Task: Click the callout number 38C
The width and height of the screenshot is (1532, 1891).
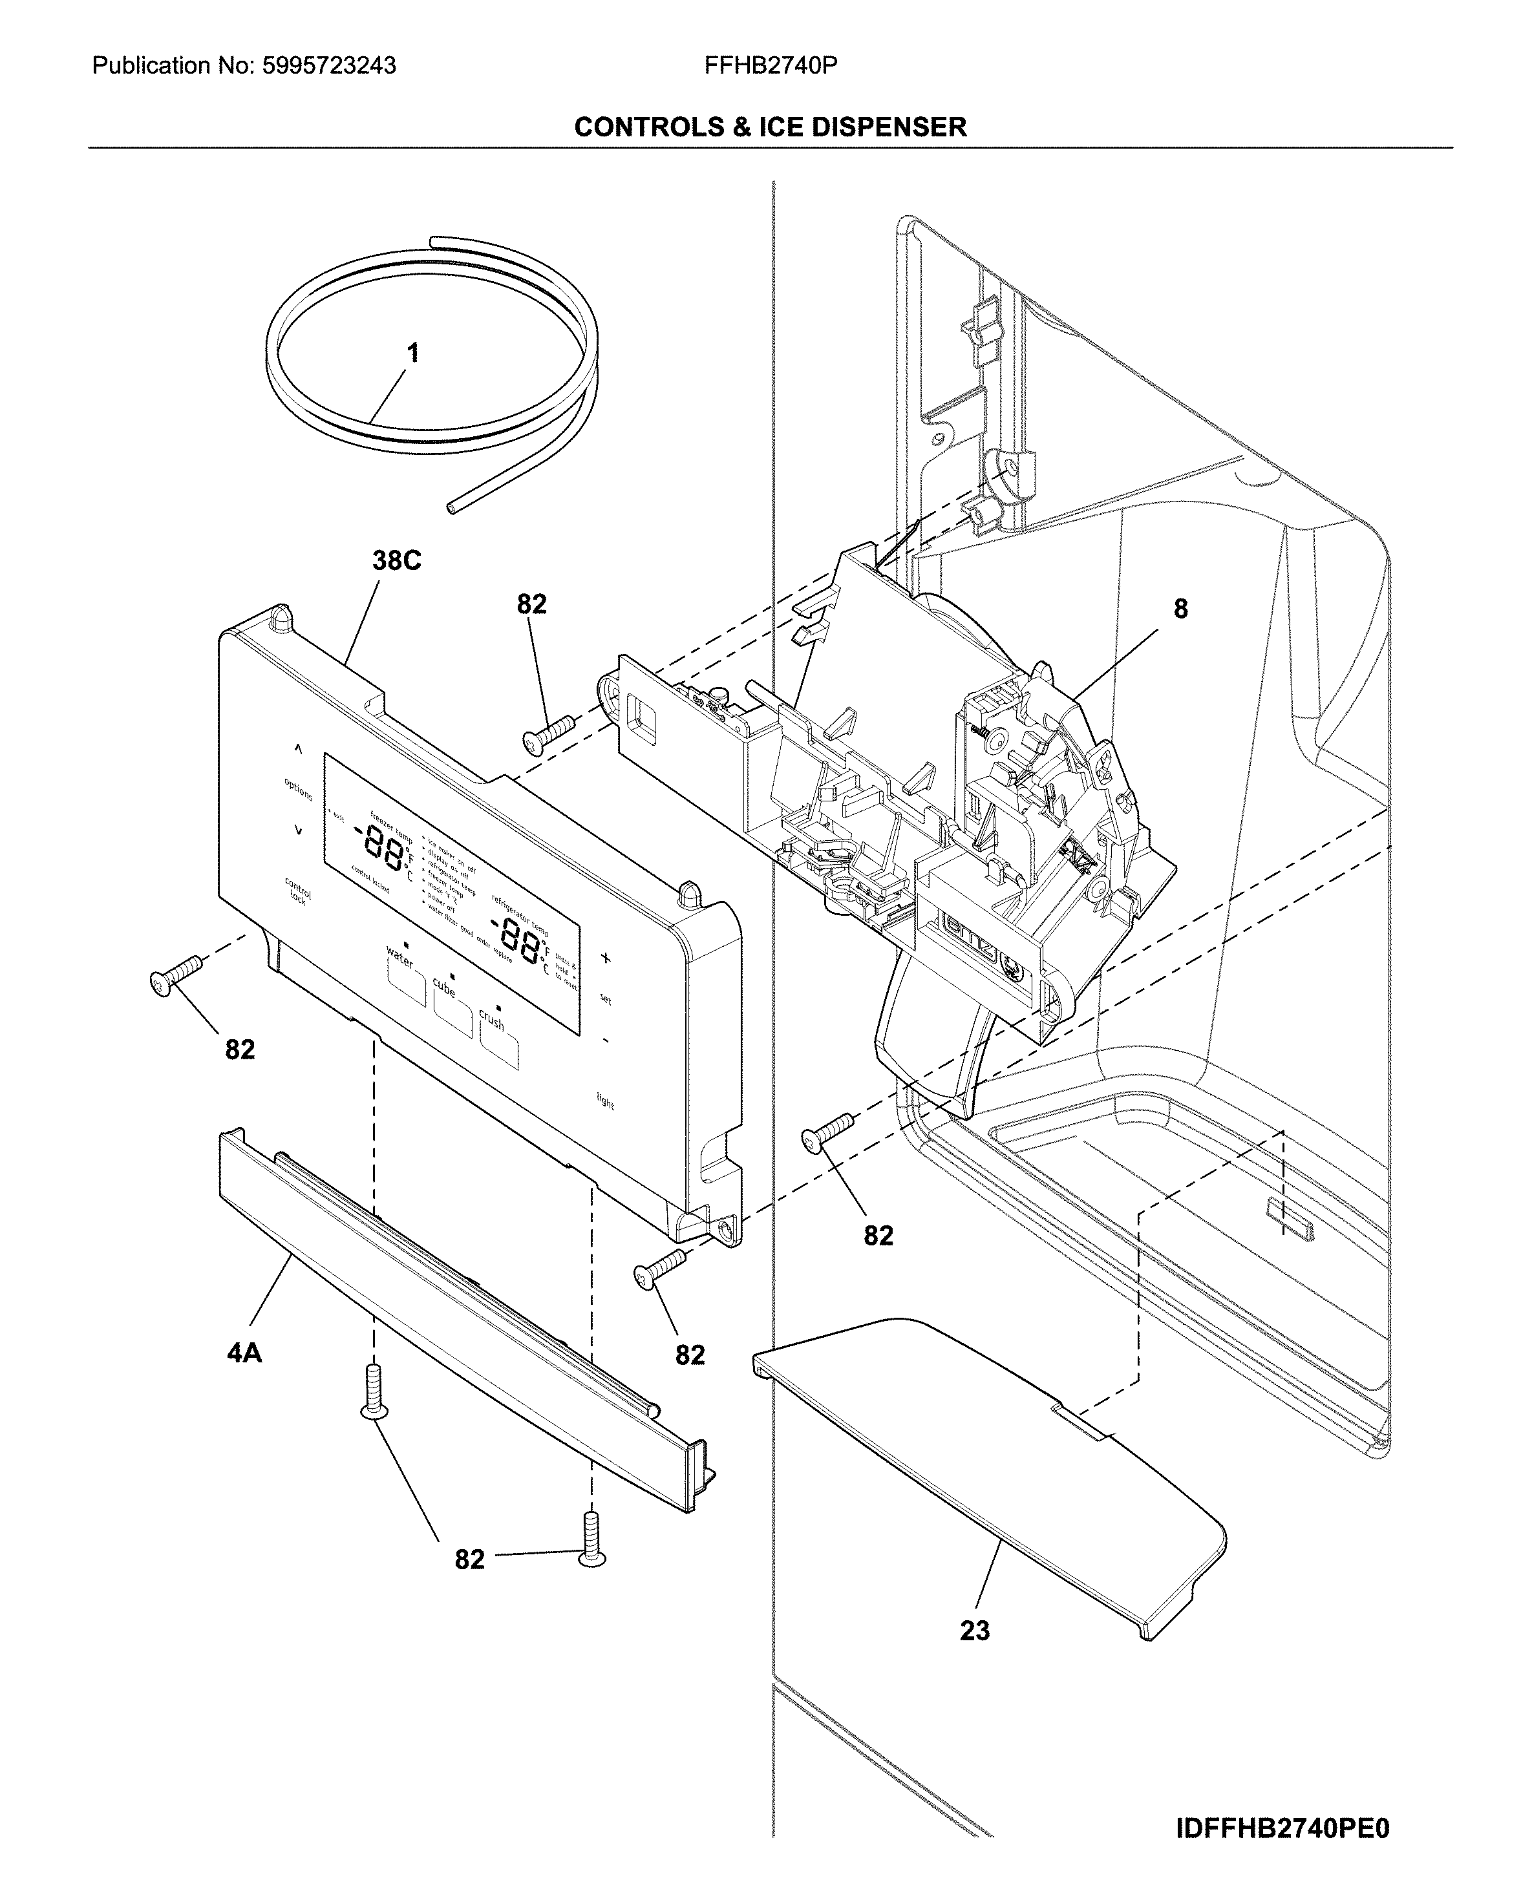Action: (x=396, y=560)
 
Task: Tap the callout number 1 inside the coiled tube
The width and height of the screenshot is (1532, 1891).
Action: (x=412, y=354)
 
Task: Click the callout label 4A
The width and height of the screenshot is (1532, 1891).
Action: (x=244, y=1353)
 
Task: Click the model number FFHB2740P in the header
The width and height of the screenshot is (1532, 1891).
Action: (x=771, y=66)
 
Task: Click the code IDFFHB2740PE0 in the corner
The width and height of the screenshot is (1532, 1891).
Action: (x=1282, y=1828)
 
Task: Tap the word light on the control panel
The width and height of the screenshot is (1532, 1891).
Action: (x=606, y=1101)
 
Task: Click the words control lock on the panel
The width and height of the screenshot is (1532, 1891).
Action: (x=297, y=891)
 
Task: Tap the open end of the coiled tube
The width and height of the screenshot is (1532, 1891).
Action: (x=452, y=507)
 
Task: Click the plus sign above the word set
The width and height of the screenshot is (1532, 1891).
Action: (x=606, y=957)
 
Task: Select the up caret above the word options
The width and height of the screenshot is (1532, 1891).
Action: (x=298, y=749)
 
